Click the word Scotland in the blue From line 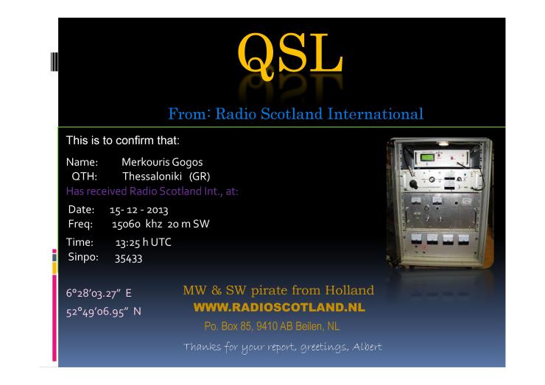click(x=292, y=114)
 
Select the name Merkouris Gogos click(x=162, y=162)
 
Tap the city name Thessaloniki click(x=152, y=177)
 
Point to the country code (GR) click(x=200, y=177)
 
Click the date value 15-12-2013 click(x=138, y=211)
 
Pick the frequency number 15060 click(x=126, y=224)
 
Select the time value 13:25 click(x=127, y=242)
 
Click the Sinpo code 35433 click(x=128, y=258)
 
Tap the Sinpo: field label click(x=83, y=257)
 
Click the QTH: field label click(x=84, y=177)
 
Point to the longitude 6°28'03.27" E click(x=99, y=293)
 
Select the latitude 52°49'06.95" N click(x=104, y=311)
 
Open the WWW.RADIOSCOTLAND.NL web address click(x=279, y=307)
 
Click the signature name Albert click(x=367, y=347)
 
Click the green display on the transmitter click(x=427, y=158)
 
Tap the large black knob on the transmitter click(x=413, y=184)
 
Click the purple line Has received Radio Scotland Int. click(x=152, y=191)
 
